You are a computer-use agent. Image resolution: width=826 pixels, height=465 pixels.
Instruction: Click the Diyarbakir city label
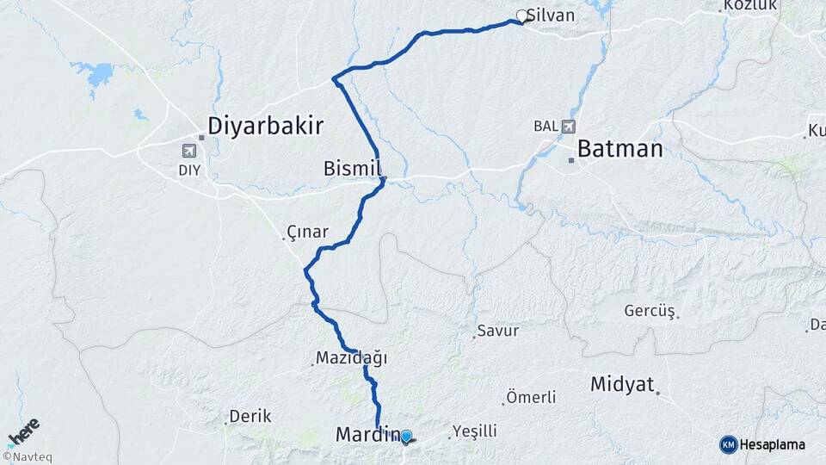click(265, 127)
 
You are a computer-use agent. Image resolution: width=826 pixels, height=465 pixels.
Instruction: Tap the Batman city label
click(619, 149)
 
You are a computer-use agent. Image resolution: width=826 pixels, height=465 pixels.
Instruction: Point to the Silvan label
click(551, 15)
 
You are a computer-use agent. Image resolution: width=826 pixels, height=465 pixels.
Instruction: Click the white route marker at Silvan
click(521, 15)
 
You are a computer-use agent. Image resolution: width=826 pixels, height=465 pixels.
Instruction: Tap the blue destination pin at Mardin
click(406, 437)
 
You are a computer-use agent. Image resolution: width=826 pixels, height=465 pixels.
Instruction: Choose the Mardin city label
click(366, 436)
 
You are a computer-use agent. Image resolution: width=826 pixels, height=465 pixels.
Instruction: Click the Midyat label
click(623, 384)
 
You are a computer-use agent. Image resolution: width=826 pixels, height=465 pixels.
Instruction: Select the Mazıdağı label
click(352, 356)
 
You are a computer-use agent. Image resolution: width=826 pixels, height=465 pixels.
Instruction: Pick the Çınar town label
click(308, 232)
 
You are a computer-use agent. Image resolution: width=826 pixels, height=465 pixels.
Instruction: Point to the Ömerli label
click(531, 397)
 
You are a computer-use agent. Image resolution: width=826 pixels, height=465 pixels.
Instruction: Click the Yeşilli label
click(475, 431)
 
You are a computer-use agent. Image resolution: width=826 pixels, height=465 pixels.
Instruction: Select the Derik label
click(251, 416)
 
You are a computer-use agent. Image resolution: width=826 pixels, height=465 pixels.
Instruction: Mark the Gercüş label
click(650, 310)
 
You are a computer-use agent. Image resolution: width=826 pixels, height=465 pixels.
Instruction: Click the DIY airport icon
click(188, 151)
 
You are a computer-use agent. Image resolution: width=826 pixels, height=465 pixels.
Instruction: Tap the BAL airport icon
click(568, 127)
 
